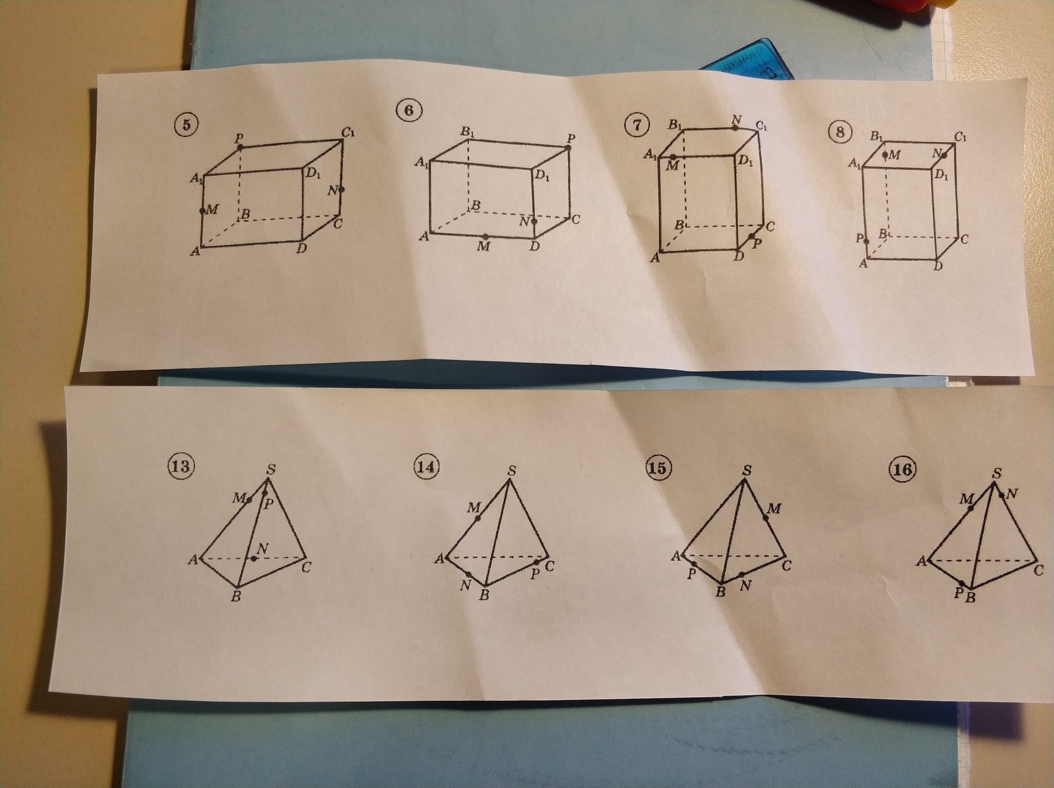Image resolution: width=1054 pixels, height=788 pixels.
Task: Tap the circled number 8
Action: (840, 133)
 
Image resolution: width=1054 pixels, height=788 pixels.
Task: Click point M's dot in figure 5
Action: (203, 211)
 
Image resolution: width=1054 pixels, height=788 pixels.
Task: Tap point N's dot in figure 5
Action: (342, 190)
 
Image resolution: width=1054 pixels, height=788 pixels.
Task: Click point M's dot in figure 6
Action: (485, 236)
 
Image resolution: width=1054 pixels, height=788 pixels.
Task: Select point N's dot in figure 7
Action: (734, 128)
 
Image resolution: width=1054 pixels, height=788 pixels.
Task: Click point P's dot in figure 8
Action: (866, 240)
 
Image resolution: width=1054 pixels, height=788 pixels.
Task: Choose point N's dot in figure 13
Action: (253, 559)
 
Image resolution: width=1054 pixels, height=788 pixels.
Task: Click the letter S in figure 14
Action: (512, 471)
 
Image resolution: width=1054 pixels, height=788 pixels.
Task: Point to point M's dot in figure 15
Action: (766, 517)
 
